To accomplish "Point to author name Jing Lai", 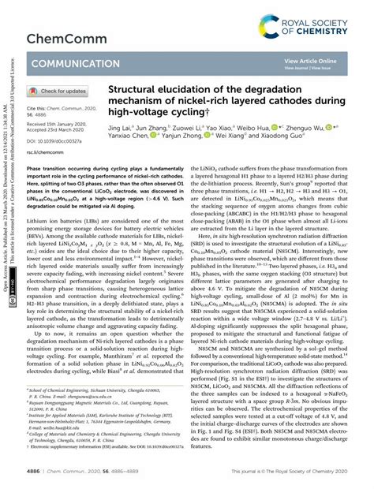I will (x=119, y=127).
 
